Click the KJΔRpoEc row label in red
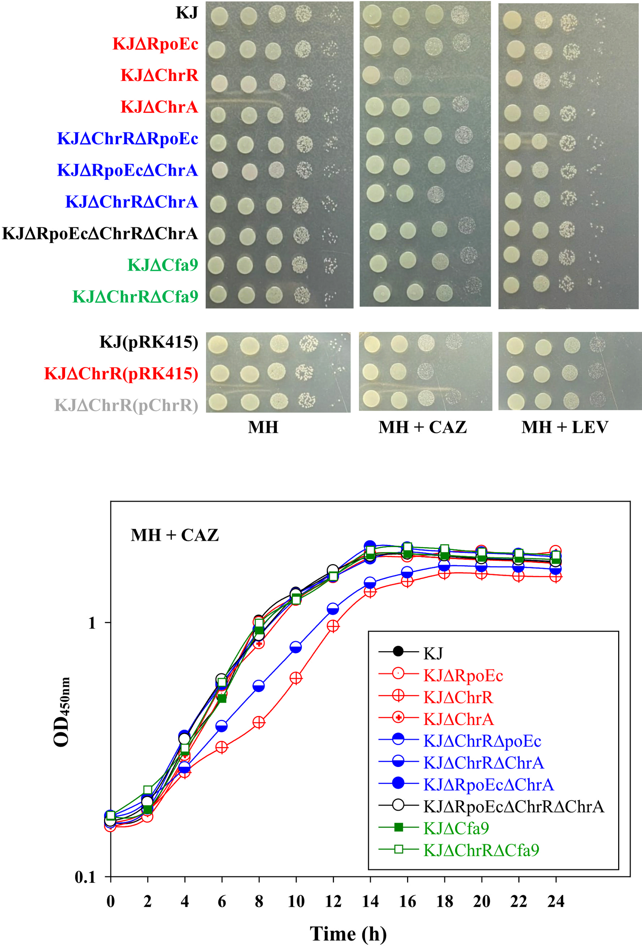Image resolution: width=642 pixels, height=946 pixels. point(155,44)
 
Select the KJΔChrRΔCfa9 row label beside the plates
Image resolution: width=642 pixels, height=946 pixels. point(135,297)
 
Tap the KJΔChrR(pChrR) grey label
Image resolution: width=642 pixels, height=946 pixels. point(126,405)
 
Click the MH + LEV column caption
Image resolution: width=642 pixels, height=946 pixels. point(565,428)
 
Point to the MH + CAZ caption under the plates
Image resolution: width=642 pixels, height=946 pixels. point(422,428)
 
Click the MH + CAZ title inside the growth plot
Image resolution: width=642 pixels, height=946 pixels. point(174,535)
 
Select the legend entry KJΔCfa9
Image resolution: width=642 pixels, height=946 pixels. point(455,828)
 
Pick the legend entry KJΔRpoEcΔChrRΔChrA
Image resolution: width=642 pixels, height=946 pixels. point(513,806)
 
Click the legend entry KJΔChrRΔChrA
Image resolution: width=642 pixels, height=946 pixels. point(483,763)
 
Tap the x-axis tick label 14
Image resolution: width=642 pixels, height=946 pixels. point(370,902)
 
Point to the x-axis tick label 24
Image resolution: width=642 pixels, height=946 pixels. point(556,902)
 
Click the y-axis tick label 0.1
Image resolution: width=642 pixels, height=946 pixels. point(85,877)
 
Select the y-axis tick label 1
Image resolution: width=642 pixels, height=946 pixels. point(92,623)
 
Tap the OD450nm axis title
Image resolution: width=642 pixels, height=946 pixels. point(62,713)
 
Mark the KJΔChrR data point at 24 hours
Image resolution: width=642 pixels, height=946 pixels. point(556,576)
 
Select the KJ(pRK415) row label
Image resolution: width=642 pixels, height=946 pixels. point(149,342)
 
